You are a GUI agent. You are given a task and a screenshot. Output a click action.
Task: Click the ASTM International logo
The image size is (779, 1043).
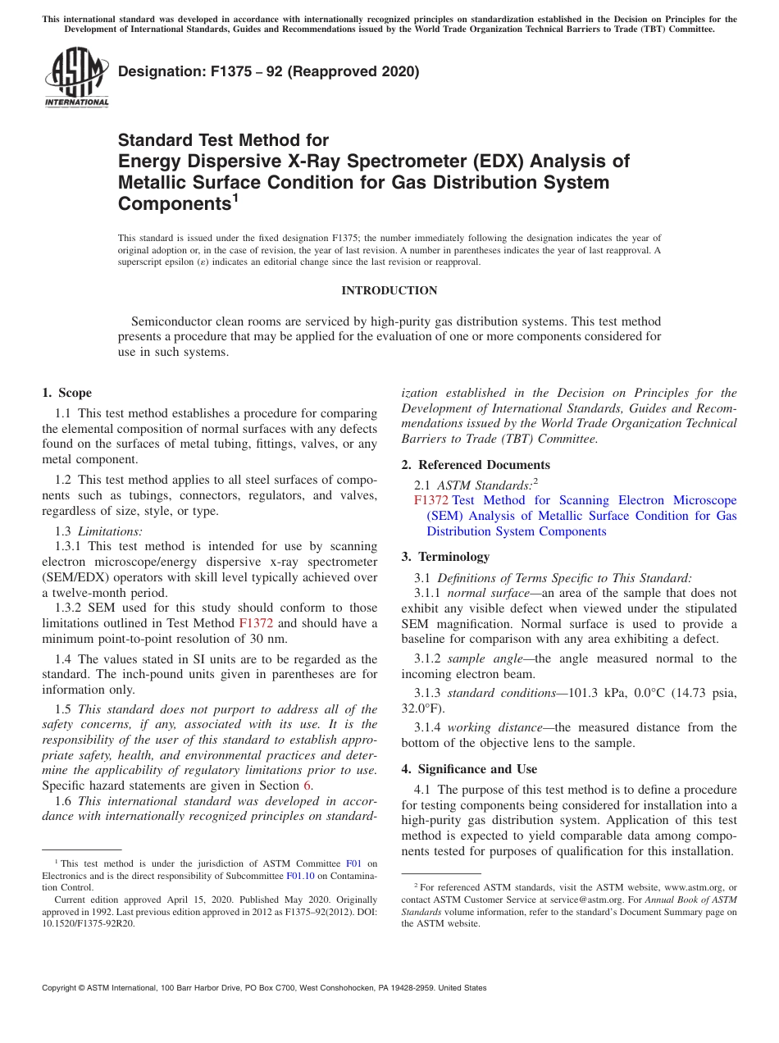[x=76, y=77]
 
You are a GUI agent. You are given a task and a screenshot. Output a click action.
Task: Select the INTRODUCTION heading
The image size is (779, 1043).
[x=389, y=290]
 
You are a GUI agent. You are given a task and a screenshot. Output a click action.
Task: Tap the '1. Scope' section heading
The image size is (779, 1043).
[x=66, y=393]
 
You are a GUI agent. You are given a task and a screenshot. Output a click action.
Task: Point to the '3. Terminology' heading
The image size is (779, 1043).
[x=445, y=557]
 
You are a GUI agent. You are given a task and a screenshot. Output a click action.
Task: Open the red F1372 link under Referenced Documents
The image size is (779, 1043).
[x=430, y=500]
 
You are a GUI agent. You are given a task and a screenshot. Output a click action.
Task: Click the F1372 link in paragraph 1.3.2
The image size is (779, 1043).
[x=255, y=623]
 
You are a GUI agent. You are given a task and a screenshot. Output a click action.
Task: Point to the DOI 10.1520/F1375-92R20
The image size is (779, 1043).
[x=89, y=923]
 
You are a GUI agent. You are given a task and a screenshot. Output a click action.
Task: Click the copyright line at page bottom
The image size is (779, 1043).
[x=264, y=988]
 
